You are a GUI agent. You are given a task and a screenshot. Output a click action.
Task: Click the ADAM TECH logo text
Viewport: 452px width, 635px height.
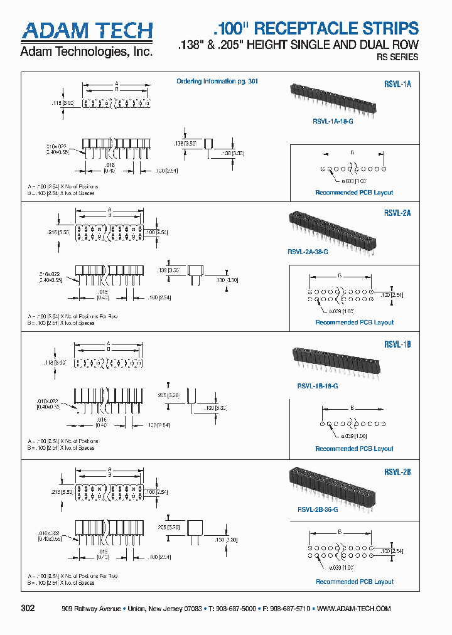pyautogui.click(x=87, y=31)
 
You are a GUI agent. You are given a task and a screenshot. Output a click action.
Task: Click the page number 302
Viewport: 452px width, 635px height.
pyautogui.click(x=28, y=609)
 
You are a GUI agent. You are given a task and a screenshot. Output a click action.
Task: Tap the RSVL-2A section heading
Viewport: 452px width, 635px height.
pyautogui.click(x=397, y=213)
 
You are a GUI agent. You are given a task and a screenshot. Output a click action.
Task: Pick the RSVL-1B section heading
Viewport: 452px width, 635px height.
pyautogui.click(x=397, y=344)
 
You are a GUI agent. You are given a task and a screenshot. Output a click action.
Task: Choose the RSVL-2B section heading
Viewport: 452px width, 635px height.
pyautogui.click(x=397, y=472)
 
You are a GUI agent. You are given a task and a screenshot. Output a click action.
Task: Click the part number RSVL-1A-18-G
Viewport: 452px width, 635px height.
pyautogui.click(x=333, y=120)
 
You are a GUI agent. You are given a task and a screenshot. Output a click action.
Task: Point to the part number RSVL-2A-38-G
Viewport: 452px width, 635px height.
pyautogui.click(x=308, y=252)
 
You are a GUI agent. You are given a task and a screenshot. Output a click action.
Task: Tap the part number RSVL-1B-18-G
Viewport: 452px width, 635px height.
pyautogui.click(x=317, y=387)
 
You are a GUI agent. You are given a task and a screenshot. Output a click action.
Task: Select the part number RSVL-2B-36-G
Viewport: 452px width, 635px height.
pyautogui.click(x=318, y=510)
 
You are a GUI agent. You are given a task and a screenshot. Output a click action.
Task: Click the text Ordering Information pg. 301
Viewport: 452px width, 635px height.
pyautogui.click(x=217, y=82)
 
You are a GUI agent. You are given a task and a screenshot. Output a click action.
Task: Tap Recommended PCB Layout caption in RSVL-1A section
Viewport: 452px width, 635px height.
pyautogui.click(x=354, y=193)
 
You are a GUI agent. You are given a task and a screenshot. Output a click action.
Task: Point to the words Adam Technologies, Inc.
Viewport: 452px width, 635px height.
pyautogui.click(x=87, y=51)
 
